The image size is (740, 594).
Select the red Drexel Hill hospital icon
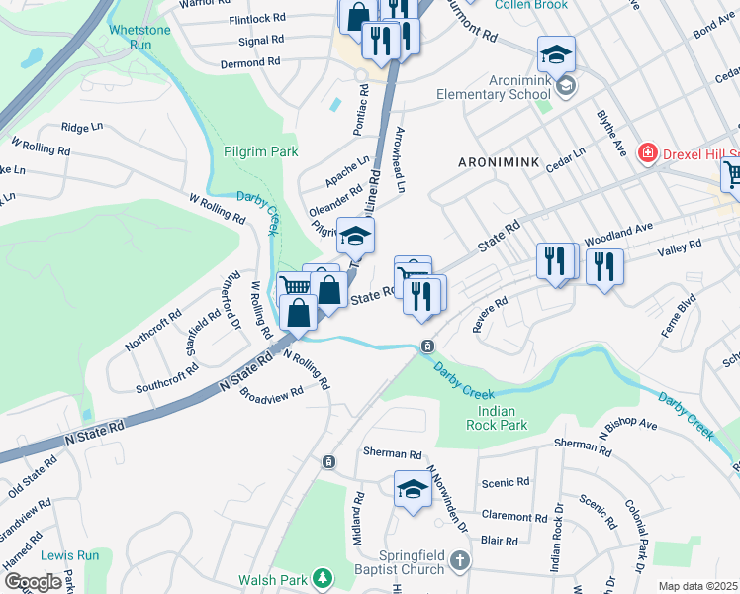click(x=648, y=152)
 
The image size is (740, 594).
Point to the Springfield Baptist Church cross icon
click(x=458, y=561)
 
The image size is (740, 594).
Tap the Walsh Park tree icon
click(x=321, y=577)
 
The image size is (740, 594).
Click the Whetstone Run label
click(x=136, y=38)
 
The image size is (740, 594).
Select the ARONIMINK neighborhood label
click(x=500, y=160)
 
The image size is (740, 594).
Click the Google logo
click(x=33, y=581)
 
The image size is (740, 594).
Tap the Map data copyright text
click(x=697, y=586)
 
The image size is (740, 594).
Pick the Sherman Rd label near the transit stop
click(x=393, y=453)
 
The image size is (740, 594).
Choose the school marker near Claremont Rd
click(x=413, y=490)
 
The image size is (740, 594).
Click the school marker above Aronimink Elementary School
click(x=556, y=53)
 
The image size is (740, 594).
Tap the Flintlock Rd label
click(x=256, y=20)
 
